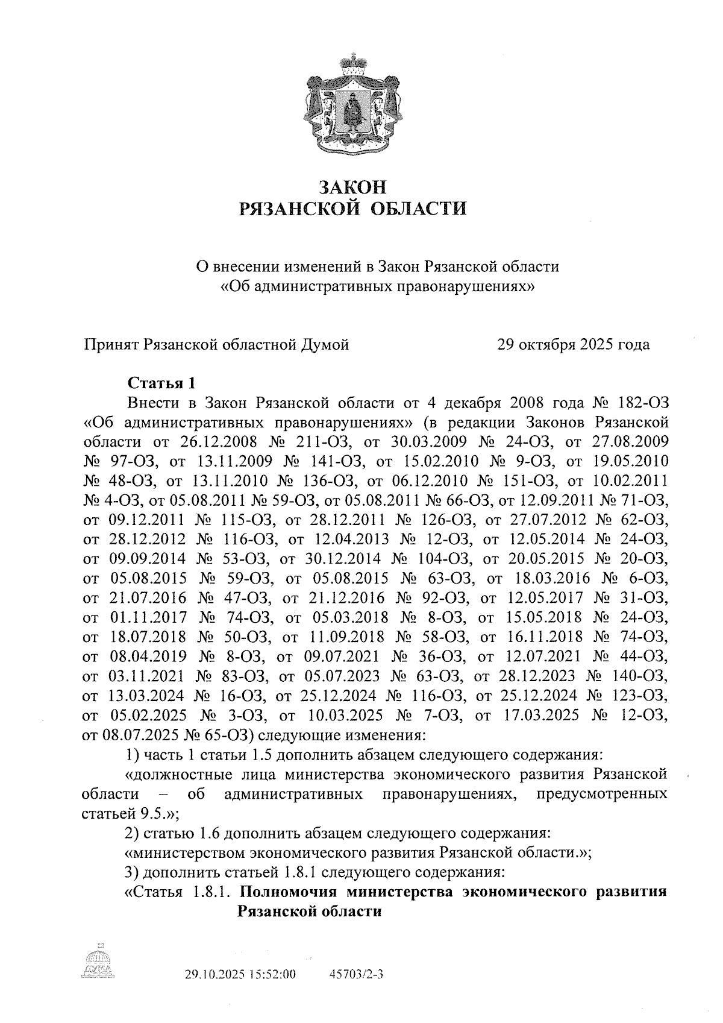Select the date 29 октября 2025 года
pyautogui.click(x=573, y=345)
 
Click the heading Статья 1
pyautogui.click(x=161, y=383)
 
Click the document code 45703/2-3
pyautogui.click(x=357, y=975)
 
